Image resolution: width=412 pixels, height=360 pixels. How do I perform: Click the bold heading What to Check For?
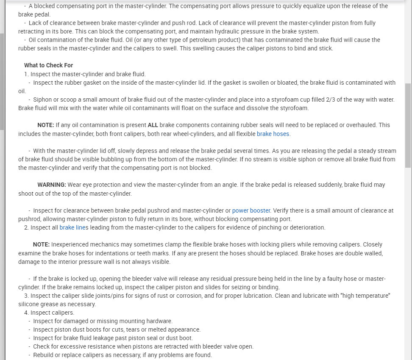pos(48,65)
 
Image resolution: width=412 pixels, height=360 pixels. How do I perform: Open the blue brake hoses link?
pos(273,134)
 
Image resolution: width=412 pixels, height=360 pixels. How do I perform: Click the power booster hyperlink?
pos(251,210)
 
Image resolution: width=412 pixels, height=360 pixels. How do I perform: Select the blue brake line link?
pos(72,227)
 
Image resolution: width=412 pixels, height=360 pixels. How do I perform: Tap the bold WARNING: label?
pos(52,185)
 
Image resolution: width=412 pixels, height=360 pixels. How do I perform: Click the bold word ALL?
pos(153,125)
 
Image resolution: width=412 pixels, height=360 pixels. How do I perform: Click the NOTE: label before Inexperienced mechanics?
pos(41,244)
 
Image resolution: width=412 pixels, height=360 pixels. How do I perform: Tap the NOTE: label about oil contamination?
pos(46,125)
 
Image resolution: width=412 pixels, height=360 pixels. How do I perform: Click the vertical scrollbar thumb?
pos(408,125)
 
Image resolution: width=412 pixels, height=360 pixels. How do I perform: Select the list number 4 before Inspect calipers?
pos(27,313)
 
